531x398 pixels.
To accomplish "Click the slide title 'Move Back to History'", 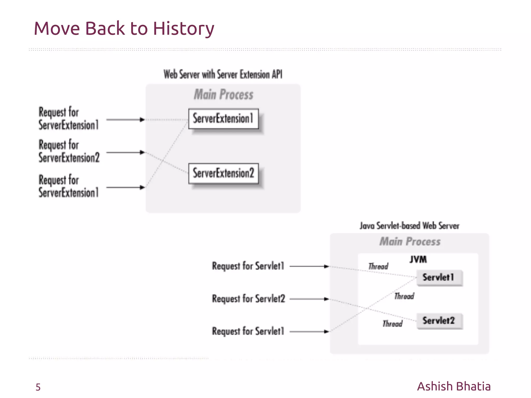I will click(x=124, y=28).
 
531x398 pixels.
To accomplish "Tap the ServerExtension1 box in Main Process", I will click(x=223, y=119).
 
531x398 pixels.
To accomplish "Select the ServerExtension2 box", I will click(x=223, y=173).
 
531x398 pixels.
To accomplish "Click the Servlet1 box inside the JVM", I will click(x=439, y=277).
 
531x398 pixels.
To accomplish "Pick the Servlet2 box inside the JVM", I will click(x=439, y=321).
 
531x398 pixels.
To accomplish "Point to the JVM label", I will click(x=418, y=259).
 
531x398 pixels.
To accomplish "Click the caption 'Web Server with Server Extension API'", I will click(x=223, y=74).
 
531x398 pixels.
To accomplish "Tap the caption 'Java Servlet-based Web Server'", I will click(x=409, y=226).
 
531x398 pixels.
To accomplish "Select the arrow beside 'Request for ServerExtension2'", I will click(x=125, y=152).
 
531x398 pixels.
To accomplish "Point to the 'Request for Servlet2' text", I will click(x=248, y=299).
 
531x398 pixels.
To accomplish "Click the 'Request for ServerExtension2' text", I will click(x=69, y=151).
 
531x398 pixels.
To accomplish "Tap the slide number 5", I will click(x=38, y=387).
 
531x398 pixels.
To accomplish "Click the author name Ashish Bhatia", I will click(x=454, y=386).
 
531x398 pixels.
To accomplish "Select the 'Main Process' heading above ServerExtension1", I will click(x=223, y=94).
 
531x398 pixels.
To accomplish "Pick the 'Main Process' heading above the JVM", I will click(x=410, y=242).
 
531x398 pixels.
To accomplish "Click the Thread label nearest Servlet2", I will click(x=393, y=324).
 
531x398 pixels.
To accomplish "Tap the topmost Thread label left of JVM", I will click(x=378, y=266).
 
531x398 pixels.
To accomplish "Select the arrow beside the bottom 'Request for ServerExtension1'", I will click(x=125, y=187).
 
